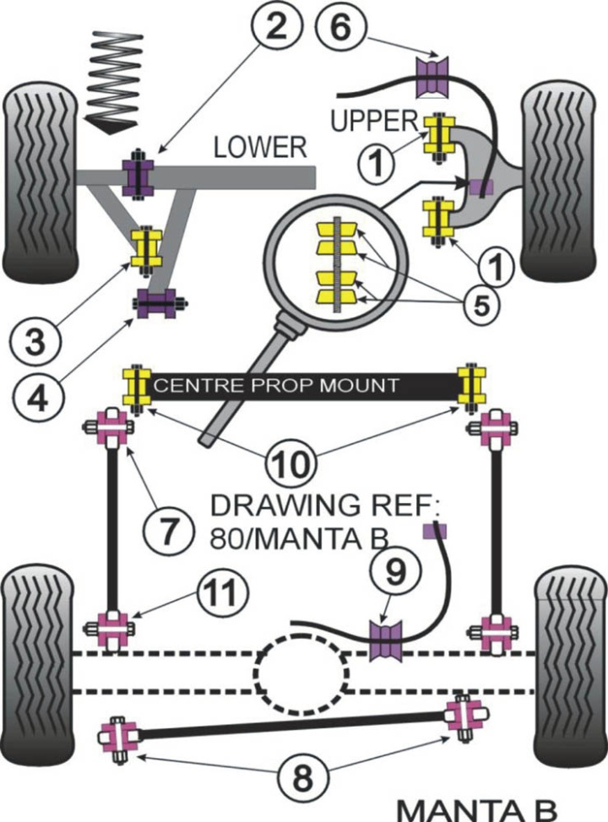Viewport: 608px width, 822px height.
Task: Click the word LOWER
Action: [258, 149]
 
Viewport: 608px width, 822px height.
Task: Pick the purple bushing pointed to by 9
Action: [387, 639]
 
